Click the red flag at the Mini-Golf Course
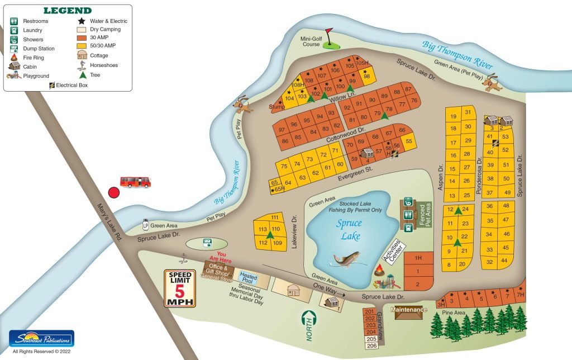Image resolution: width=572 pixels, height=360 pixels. pos(329,31)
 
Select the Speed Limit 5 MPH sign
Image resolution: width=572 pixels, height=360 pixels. pos(180,288)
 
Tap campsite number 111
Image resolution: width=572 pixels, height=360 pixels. pos(274,217)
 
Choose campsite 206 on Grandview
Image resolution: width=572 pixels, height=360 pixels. pos(370,345)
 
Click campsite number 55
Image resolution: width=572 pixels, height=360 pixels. pos(409,141)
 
